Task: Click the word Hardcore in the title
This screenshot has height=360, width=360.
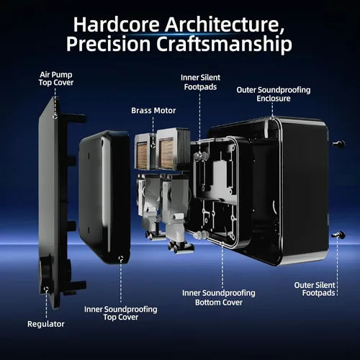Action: pyautogui.click(x=117, y=24)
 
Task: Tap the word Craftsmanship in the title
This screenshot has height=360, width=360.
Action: pyautogui.click(x=224, y=45)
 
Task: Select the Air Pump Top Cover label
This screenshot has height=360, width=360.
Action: pyautogui.click(x=56, y=78)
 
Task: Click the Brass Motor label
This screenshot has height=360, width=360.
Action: pyautogui.click(x=153, y=110)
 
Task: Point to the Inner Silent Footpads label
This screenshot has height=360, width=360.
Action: pyautogui.click(x=200, y=82)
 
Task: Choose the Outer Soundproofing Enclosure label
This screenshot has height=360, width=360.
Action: pyautogui.click(x=274, y=94)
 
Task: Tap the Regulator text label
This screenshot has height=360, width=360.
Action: pyautogui.click(x=46, y=324)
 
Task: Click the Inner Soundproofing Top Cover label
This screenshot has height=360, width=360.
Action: pyautogui.click(x=121, y=313)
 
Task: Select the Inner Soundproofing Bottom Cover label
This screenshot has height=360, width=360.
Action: pyautogui.click(x=219, y=297)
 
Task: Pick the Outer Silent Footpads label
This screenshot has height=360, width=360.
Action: pyautogui.click(x=315, y=289)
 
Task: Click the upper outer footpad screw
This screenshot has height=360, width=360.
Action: pyautogui.click(x=339, y=144)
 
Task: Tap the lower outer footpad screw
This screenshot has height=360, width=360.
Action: pyautogui.click(x=338, y=235)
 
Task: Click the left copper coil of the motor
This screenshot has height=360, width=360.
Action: pyautogui.click(x=142, y=154)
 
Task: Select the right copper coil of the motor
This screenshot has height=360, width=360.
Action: pyautogui.click(x=166, y=153)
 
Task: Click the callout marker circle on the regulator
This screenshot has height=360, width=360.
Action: pyautogui.click(x=46, y=289)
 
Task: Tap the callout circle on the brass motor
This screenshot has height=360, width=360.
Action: pyautogui.click(x=153, y=145)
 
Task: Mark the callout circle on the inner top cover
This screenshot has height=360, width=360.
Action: pyautogui.click(x=121, y=258)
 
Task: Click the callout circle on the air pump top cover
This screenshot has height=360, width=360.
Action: pyautogui.click(x=55, y=117)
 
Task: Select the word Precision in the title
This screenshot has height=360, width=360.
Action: pyautogui.click(x=108, y=45)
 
